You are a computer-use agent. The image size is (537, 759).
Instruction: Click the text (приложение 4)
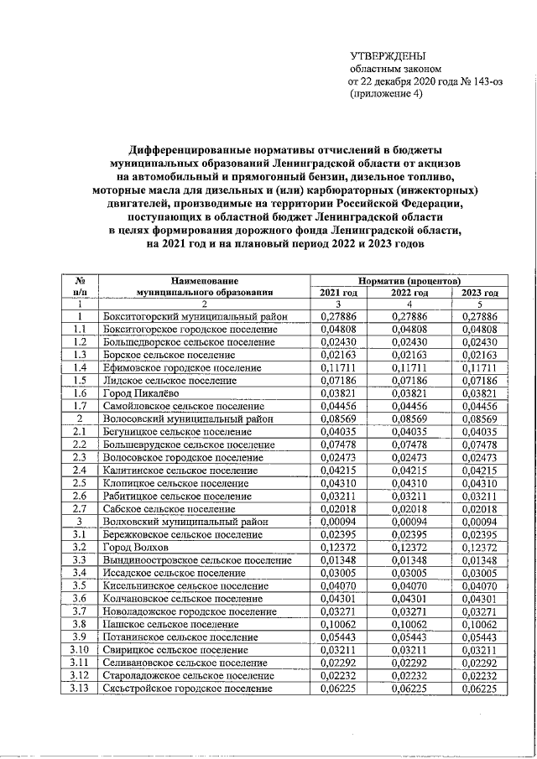[x=387, y=94]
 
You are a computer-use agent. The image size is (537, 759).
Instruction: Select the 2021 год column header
[x=339, y=292]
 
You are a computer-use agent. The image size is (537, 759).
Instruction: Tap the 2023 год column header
[x=479, y=292]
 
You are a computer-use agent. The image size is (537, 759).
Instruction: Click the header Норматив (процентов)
[x=409, y=279]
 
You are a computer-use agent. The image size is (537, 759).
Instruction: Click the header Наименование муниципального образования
[x=204, y=285]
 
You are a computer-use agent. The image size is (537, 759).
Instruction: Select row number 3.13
[x=79, y=689]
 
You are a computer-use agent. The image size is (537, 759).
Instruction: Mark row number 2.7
[x=79, y=508]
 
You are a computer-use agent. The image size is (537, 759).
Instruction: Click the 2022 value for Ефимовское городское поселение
[x=409, y=368]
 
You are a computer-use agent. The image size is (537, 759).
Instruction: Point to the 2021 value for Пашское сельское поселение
[x=339, y=624]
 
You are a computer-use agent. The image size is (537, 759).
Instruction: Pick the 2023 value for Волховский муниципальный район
[x=479, y=521]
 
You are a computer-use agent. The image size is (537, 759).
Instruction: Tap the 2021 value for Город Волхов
[x=339, y=547]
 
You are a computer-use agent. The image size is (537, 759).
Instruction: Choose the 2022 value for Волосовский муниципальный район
[x=409, y=418]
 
